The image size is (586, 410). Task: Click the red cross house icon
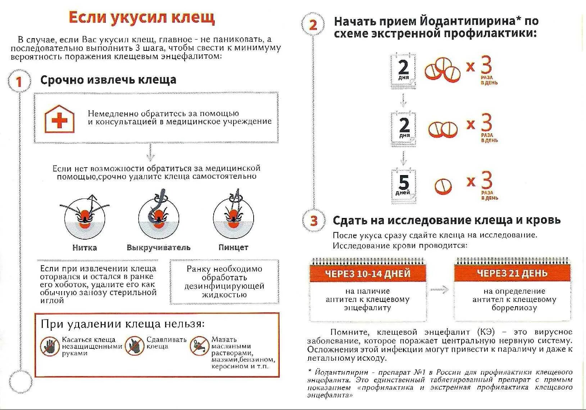pyautogui.click(x=59, y=119)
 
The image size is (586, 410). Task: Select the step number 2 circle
pyautogui.click(x=313, y=24)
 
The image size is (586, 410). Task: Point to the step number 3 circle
pyautogui.click(x=314, y=220)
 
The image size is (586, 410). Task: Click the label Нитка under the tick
pyautogui.click(x=85, y=248)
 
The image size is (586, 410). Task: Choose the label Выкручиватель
pyautogui.click(x=158, y=248)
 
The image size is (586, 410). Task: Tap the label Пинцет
pyautogui.click(x=233, y=248)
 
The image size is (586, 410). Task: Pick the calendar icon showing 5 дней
pyautogui.click(x=403, y=185)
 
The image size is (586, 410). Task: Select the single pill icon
pyautogui.click(x=443, y=186)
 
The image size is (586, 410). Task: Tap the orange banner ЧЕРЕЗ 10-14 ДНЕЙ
pyautogui.click(x=368, y=273)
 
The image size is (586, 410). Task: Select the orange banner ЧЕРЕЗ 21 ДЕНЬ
pyautogui.click(x=512, y=273)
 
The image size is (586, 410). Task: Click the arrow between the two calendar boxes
pyautogui.click(x=440, y=289)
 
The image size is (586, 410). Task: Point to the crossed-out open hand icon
pyautogui.click(x=50, y=346)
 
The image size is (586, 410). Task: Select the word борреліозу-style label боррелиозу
pyautogui.click(x=514, y=308)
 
